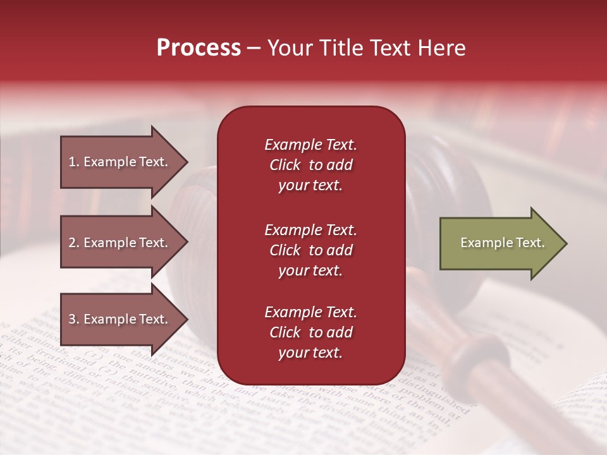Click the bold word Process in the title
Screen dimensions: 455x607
click(199, 48)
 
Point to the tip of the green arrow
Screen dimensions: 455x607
click(566, 243)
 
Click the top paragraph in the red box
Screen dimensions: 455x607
click(310, 165)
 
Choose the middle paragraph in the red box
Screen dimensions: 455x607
click(310, 250)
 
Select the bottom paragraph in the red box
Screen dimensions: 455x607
click(310, 332)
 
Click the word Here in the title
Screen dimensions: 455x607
click(443, 48)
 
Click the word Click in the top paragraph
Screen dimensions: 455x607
click(285, 166)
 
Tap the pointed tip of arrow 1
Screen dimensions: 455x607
click(187, 162)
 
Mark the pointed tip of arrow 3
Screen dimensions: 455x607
click(187, 320)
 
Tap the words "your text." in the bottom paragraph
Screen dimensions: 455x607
click(310, 353)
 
